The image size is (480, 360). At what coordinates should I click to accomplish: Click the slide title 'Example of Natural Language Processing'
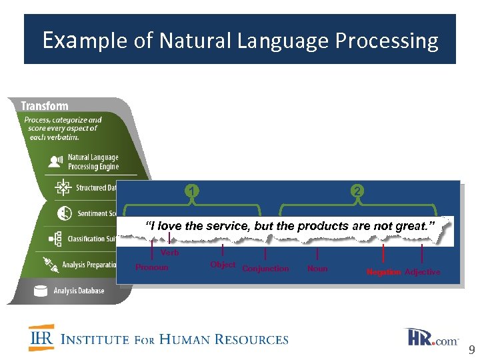click(240, 41)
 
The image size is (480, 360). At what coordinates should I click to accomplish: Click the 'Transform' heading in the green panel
click(45, 106)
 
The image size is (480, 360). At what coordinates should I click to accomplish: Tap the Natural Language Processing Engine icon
click(57, 161)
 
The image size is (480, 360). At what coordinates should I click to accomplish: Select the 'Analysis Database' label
click(79, 291)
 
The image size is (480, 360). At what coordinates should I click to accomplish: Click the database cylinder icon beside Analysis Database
click(41, 291)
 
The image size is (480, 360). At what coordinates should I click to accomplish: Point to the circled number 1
click(191, 191)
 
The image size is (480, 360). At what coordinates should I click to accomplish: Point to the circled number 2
click(358, 191)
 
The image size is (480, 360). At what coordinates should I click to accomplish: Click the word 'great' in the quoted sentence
click(415, 226)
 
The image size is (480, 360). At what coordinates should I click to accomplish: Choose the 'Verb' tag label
click(169, 253)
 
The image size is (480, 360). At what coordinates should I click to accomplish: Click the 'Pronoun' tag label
click(152, 267)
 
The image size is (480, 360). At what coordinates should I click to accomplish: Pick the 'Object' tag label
click(223, 265)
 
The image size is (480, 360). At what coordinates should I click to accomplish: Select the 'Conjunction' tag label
click(265, 269)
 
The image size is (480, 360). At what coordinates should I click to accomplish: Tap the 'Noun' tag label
click(317, 269)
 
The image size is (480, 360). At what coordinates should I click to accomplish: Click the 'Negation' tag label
click(383, 272)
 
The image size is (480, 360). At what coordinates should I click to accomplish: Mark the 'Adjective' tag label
click(423, 272)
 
